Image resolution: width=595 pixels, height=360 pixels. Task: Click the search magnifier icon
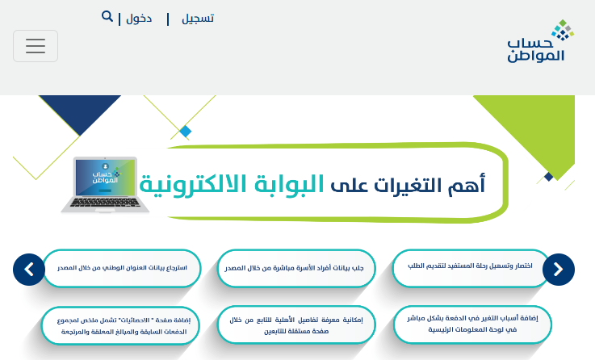click(107, 16)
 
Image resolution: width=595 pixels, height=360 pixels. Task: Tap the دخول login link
click(139, 19)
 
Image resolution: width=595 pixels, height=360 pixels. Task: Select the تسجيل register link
click(198, 19)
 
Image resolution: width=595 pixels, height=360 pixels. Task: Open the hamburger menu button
click(36, 46)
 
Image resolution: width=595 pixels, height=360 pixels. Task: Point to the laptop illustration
click(105, 185)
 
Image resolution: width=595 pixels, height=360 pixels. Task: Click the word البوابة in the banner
click(289, 185)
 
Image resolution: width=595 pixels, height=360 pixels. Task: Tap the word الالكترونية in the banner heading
click(193, 185)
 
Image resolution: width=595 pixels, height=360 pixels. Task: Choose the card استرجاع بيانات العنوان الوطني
click(122, 268)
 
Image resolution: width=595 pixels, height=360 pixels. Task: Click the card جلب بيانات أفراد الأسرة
click(296, 268)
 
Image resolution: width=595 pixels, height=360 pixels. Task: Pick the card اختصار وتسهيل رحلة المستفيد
click(471, 267)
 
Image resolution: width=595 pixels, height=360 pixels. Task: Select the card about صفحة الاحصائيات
click(120, 326)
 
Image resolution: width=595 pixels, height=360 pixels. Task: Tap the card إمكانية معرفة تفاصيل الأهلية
click(296, 325)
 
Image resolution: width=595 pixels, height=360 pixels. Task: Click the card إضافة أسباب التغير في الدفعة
click(472, 324)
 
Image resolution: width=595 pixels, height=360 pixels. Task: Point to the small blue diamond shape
click(186, 132)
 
